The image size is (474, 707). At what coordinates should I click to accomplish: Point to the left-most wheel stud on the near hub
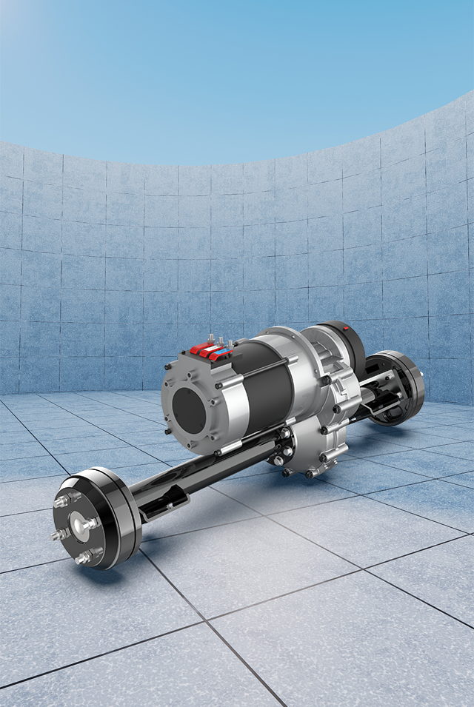[x=58, y=534]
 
